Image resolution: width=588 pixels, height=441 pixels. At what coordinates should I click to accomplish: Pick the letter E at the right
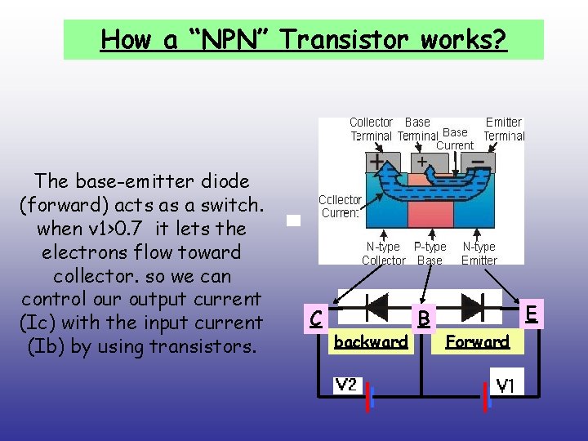531,314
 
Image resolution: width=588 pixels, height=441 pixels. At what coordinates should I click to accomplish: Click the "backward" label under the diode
371,342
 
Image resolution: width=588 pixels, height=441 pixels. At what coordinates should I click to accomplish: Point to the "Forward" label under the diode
478,342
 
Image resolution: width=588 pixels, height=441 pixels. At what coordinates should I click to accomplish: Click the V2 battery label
346,384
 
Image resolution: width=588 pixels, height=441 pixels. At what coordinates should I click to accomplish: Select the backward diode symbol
375,307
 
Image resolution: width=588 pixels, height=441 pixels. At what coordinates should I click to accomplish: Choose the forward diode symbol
471,307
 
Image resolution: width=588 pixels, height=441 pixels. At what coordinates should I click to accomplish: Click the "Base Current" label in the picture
454,139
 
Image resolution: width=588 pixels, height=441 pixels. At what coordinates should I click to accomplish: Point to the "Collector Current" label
340,206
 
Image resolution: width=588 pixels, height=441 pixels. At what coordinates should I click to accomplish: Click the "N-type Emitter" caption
479,253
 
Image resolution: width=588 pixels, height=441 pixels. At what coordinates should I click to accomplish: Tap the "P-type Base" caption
430,253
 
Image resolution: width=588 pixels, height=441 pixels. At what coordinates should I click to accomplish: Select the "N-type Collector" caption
383,253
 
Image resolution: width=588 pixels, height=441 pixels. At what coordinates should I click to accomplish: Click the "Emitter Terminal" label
503,129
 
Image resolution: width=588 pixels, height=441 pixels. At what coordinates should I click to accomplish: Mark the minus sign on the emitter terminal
483,161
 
